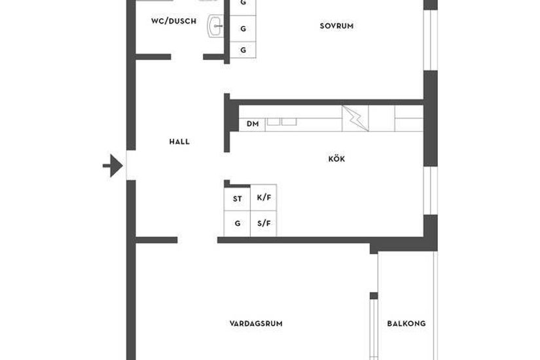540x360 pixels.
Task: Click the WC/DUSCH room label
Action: (173, 21)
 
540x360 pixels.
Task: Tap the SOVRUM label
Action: (336, 26)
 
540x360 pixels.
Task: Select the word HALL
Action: (179, 141)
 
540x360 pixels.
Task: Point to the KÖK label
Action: (336, 159)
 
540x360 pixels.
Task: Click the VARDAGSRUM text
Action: (256, 323)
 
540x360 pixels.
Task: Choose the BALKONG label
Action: (406, 323)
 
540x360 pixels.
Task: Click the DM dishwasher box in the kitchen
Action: (252, 123)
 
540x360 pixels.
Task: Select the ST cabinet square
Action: (237, 198)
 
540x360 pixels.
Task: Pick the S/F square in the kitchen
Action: (263, 223)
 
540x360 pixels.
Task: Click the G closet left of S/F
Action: (237, 223)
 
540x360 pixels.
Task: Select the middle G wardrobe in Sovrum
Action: (243, 29)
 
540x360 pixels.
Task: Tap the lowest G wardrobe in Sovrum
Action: (243, 50)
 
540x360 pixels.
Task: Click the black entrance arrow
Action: (113, 166)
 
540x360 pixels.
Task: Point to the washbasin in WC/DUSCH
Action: (215, 27)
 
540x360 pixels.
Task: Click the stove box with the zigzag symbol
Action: (355, 118)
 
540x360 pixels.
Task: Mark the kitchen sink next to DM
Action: (281, 122)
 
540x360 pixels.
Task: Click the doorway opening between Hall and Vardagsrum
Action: (197, 240)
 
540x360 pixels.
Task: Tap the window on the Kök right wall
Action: (430, 190)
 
